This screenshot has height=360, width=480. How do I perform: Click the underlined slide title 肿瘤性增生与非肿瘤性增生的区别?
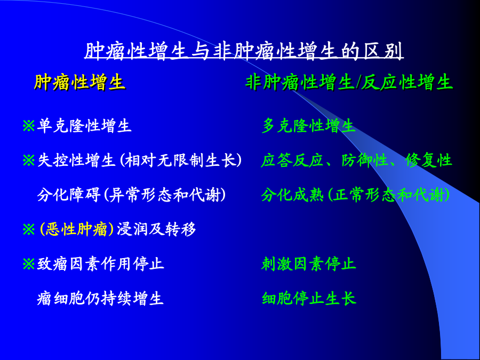[x=244, y=51]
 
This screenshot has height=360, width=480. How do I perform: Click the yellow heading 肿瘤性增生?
[x=79, y=82]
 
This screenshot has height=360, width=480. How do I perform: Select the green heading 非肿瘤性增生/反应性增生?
[x=349, y=82]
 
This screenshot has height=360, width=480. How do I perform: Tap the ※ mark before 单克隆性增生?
[x=29, y=126]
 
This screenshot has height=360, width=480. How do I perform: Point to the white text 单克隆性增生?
[x=84, y=126]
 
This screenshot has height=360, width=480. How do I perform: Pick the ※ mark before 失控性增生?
[x=29, y=161]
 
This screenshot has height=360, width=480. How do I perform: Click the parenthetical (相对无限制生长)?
[x=179, y=161]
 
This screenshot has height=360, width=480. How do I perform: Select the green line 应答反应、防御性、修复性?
[x=356, y=161]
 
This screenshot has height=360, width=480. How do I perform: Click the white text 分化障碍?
[x=69, y=195]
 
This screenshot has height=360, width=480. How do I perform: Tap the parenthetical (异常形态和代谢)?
[x=164, y=195]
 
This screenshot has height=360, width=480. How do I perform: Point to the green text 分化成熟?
[x=292, y=195]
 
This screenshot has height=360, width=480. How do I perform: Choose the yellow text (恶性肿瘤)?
[x=77, y=229]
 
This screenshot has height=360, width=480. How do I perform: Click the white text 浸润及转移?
[x=156, y=229]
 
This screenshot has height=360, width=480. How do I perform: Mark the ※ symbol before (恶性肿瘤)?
[x=29, y=229]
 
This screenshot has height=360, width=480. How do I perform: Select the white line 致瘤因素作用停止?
[x=100, y=263]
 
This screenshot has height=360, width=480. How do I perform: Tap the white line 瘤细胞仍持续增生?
[x=100, y=298]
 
